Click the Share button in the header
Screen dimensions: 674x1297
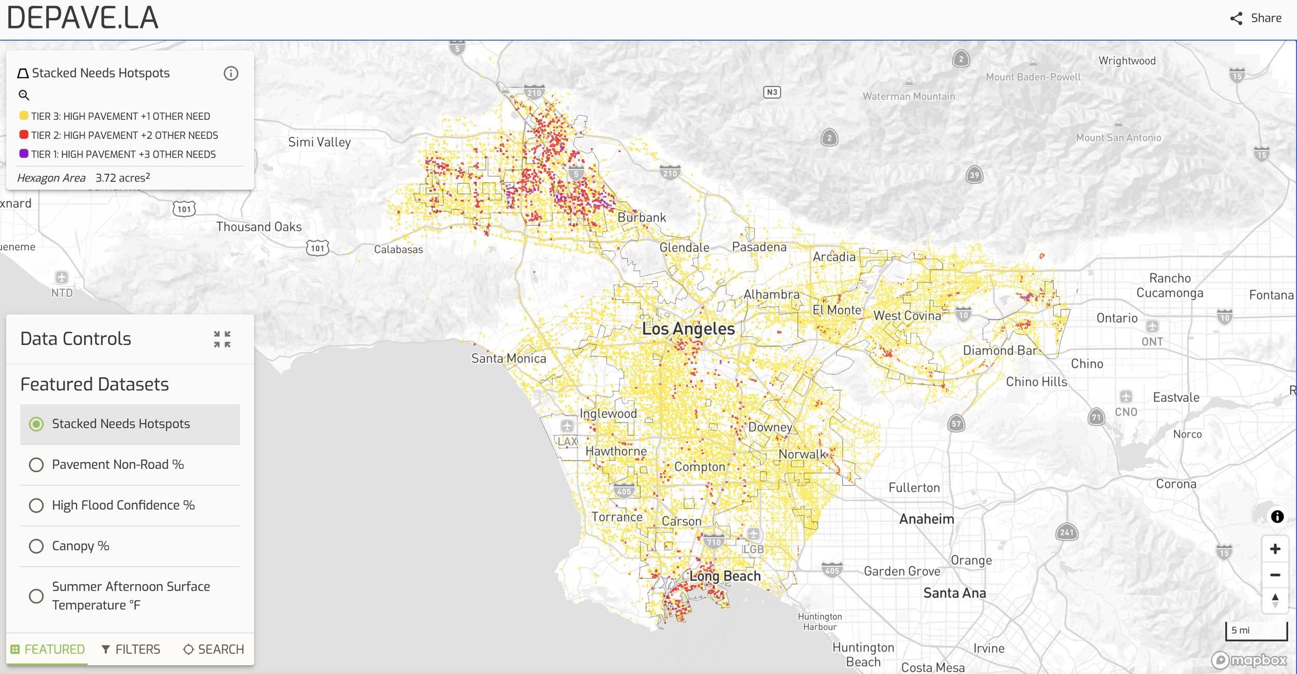(1255, 18)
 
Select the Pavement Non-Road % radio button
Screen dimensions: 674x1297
(36, 465)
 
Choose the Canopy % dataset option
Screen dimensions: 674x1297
(36, 546)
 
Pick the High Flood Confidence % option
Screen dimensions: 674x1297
(36, 505)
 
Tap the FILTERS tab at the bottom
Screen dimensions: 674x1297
(131, 649)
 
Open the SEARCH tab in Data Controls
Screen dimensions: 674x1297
(213, 649)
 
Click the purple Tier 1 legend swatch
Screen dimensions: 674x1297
(24, 154)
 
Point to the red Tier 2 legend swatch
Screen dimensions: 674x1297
(24, 135)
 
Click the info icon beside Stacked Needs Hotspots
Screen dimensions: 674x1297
(231, 74)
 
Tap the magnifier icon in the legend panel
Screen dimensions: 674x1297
(24, 95)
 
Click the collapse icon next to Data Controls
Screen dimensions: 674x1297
(222, 339)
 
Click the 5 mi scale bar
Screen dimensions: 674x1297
(1256, 630)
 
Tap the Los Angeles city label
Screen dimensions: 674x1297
(688, 329)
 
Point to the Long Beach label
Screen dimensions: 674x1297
(725, 576)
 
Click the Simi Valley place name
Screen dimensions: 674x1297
(319, 142)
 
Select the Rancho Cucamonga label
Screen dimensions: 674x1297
(1169, 286)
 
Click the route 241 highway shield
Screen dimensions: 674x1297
(1067, 532)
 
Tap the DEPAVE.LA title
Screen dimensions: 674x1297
(82, 18)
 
